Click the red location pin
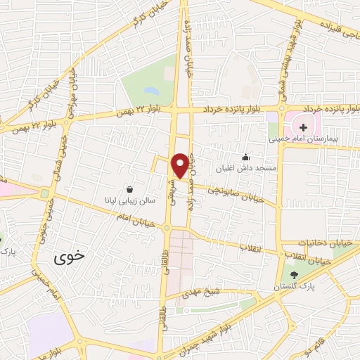pos(181,165)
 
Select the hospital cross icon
pos(303,127)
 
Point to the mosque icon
pos(245,157)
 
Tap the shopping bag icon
pos(130,188)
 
